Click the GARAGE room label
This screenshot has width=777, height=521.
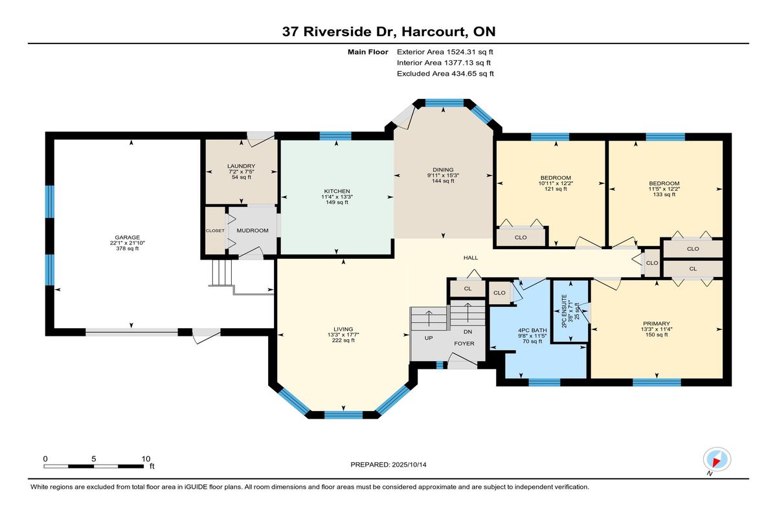pyautogui.click(x=128, y=238)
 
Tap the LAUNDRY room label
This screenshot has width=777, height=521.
pyautogui.click(x=241, y=166)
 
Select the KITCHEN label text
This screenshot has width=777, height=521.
pyautogui.click(x=337, y=191)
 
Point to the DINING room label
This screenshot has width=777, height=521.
pyautogui.click(x=443, y=170)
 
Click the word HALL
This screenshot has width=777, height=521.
pyautogui.click(x=471, y=258)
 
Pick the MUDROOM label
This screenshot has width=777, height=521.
pyautogui.click(x=253, y=230)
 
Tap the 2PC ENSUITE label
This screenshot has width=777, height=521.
pyautogui.click(x=565, y=311)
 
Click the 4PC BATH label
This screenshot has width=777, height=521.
pyautogui.click(x=532, y=330)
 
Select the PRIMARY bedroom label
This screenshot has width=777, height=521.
pyautogui.click(x=657, y=324)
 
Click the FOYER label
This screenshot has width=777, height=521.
pyautogui.click(x=464, y=344)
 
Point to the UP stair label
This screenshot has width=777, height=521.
pyautogui.click(x=429, y=338)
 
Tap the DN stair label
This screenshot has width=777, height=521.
pyautogui.click(x=468, y=332)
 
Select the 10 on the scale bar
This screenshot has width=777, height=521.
pyautogui.click(x=146, y=459)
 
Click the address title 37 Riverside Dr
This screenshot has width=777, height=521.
pyautogui.click(x=339, y=32)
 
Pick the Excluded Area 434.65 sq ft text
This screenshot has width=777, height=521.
pyautogui.click(x=445, y=74)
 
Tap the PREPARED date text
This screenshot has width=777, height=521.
pyautogui.click(x=388, y=465)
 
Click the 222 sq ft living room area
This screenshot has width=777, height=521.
pyautogui.click(x=343, y=340)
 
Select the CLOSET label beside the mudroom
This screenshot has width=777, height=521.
pyautogui.click(x=215, y=230)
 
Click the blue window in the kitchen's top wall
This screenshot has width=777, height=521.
pyautogui.click(x=335, y=136)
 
